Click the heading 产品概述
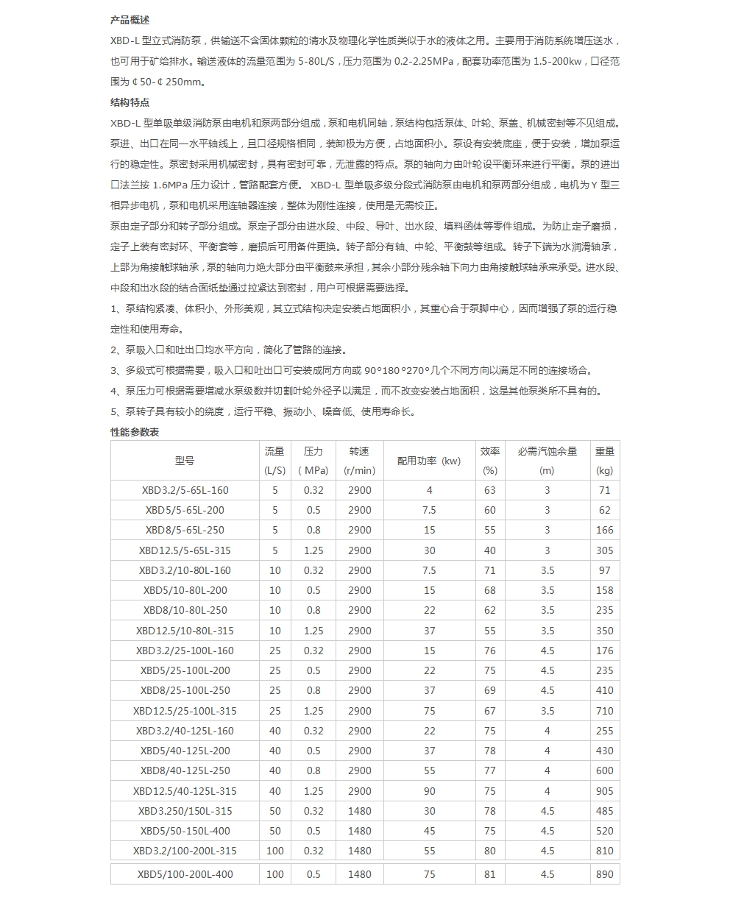tap(130, 20)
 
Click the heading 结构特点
tap(130, 102)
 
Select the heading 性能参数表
tap(135, 432)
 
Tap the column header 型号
tap(185, 461)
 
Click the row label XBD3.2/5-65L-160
tap(185, 490)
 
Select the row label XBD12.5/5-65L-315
tap(185, 550)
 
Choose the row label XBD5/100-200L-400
tap(185, 874)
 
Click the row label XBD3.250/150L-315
tap(185, 811)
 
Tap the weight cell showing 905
tap(604, 791)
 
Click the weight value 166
tap(604, 530)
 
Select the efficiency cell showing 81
tap(489, 874)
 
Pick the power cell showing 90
tap(429, 791)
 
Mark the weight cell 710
tap(604, 711)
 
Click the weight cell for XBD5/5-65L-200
tap(604, 510)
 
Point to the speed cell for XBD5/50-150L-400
tap(359, 831)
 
